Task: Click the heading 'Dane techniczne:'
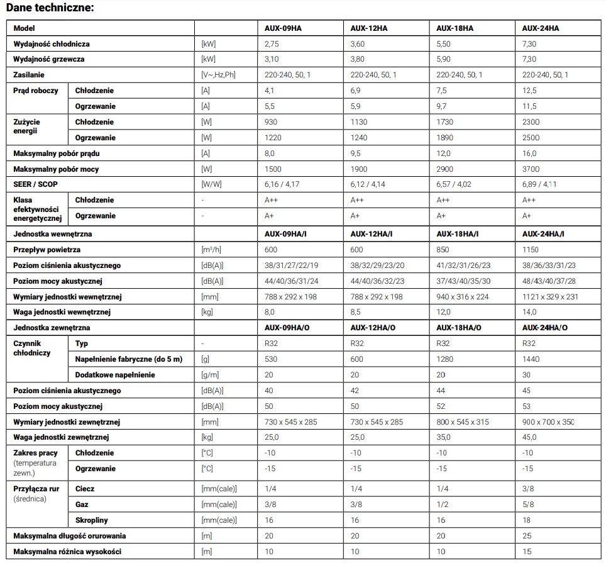pos(50,8)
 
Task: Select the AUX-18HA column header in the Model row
pos(454,28)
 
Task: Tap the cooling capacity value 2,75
pos(272,44)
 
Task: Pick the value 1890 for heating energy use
pos(445,138)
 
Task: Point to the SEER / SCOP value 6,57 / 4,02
pos(458,184)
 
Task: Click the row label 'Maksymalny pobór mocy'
pos(56,169)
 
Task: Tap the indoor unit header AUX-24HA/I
pos(543,234)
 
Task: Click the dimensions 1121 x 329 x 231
pos(551,297)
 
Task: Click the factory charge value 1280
pos(445,359)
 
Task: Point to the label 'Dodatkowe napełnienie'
pos(115,375)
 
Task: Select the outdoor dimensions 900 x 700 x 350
pos(549,422)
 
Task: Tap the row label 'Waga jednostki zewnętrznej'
pos(62,437)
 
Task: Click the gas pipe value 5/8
pos(529,504)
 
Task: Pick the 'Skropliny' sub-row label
pos(92,520)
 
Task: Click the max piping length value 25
pos(527,536)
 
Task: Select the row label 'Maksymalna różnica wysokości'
pos(67,552)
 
